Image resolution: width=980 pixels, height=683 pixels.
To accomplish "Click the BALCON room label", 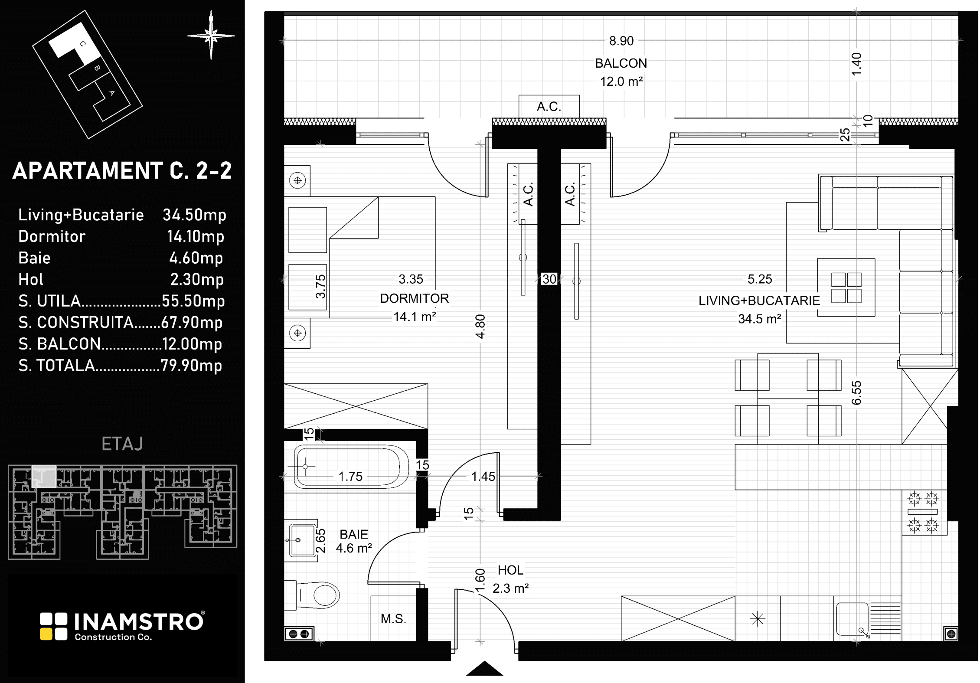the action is coord(621,63).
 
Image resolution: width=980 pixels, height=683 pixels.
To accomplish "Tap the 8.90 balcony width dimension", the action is coord(621,41).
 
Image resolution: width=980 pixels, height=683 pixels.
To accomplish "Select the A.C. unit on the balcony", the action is coord(549,106).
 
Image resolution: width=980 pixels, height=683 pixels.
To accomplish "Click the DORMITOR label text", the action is coord(415,298).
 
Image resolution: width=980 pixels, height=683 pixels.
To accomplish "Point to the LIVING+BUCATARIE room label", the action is coord(759,301).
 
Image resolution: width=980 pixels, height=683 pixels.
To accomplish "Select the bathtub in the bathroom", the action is coord(351,467).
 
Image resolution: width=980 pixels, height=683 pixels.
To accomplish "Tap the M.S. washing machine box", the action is coord(393,618).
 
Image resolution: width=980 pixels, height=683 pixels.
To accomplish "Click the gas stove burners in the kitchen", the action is coord(923,512).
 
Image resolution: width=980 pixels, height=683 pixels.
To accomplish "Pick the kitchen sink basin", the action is coord(852,618).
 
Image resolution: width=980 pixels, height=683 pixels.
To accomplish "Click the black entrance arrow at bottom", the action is coord(484,669).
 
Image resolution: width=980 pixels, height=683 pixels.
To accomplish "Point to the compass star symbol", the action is coord(211,36).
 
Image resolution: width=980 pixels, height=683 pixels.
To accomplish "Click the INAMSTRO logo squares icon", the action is coord(54,626).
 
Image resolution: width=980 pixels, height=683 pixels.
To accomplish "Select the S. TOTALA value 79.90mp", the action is coord(191,366).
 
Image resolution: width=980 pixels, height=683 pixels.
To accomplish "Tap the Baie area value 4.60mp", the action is coord(196,258).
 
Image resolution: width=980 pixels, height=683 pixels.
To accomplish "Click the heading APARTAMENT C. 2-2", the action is coord(122,170).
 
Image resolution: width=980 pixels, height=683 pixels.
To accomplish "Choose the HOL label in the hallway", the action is coord(510,570).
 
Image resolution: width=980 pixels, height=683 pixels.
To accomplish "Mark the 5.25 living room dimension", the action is coord(760,279).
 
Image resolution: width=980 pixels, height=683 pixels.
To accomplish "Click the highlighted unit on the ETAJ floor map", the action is coord(44,476).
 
